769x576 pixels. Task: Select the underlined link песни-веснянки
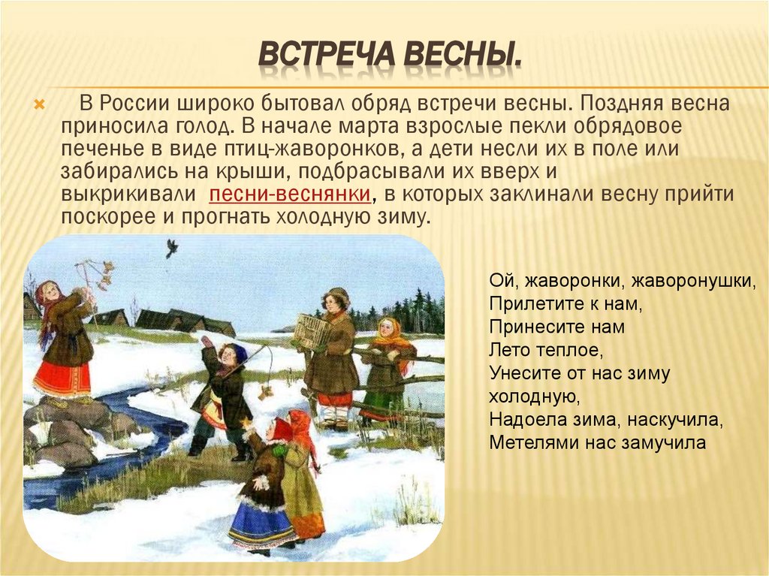pos(290,195)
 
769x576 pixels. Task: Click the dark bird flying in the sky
pos(171,248)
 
